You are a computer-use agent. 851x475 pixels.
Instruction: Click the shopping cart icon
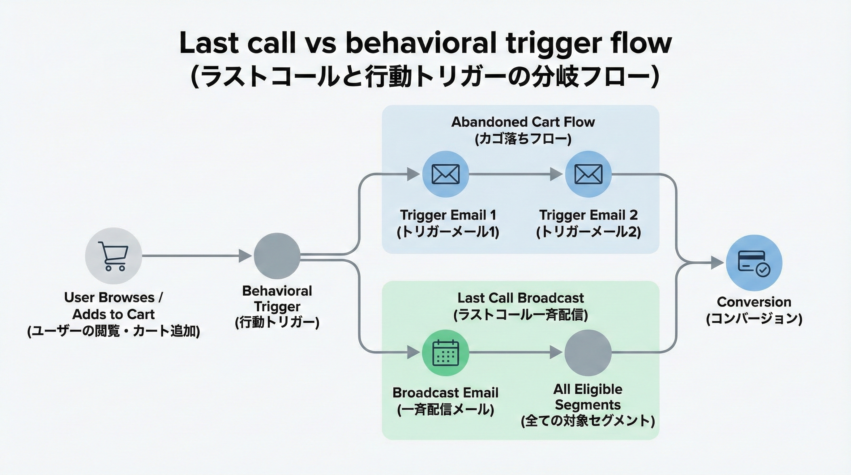[113, 256]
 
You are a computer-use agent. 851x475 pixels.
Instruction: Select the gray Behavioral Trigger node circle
[277, 256]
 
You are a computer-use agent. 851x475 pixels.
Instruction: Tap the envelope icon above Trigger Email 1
[445, 174]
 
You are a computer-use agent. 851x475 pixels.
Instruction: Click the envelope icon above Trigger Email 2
[588, 174]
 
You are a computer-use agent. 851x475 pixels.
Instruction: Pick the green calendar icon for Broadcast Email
[445, 353]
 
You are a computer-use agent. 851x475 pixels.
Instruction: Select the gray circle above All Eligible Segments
[588, 353]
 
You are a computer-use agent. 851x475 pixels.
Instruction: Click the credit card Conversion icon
[754, 263]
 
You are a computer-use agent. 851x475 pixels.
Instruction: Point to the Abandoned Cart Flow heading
[523, 122]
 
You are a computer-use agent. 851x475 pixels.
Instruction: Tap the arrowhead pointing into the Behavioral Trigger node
[245, 256]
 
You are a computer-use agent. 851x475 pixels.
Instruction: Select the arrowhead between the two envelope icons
[556, 174]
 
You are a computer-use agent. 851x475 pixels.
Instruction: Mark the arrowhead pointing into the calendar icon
[413, 353]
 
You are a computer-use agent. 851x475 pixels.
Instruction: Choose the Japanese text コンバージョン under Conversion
[754, 319]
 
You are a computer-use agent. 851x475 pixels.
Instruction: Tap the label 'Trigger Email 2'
[588, 215]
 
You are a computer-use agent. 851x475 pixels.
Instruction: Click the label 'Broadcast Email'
[445, 393]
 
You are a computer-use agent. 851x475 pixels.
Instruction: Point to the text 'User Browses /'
[113, 297]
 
